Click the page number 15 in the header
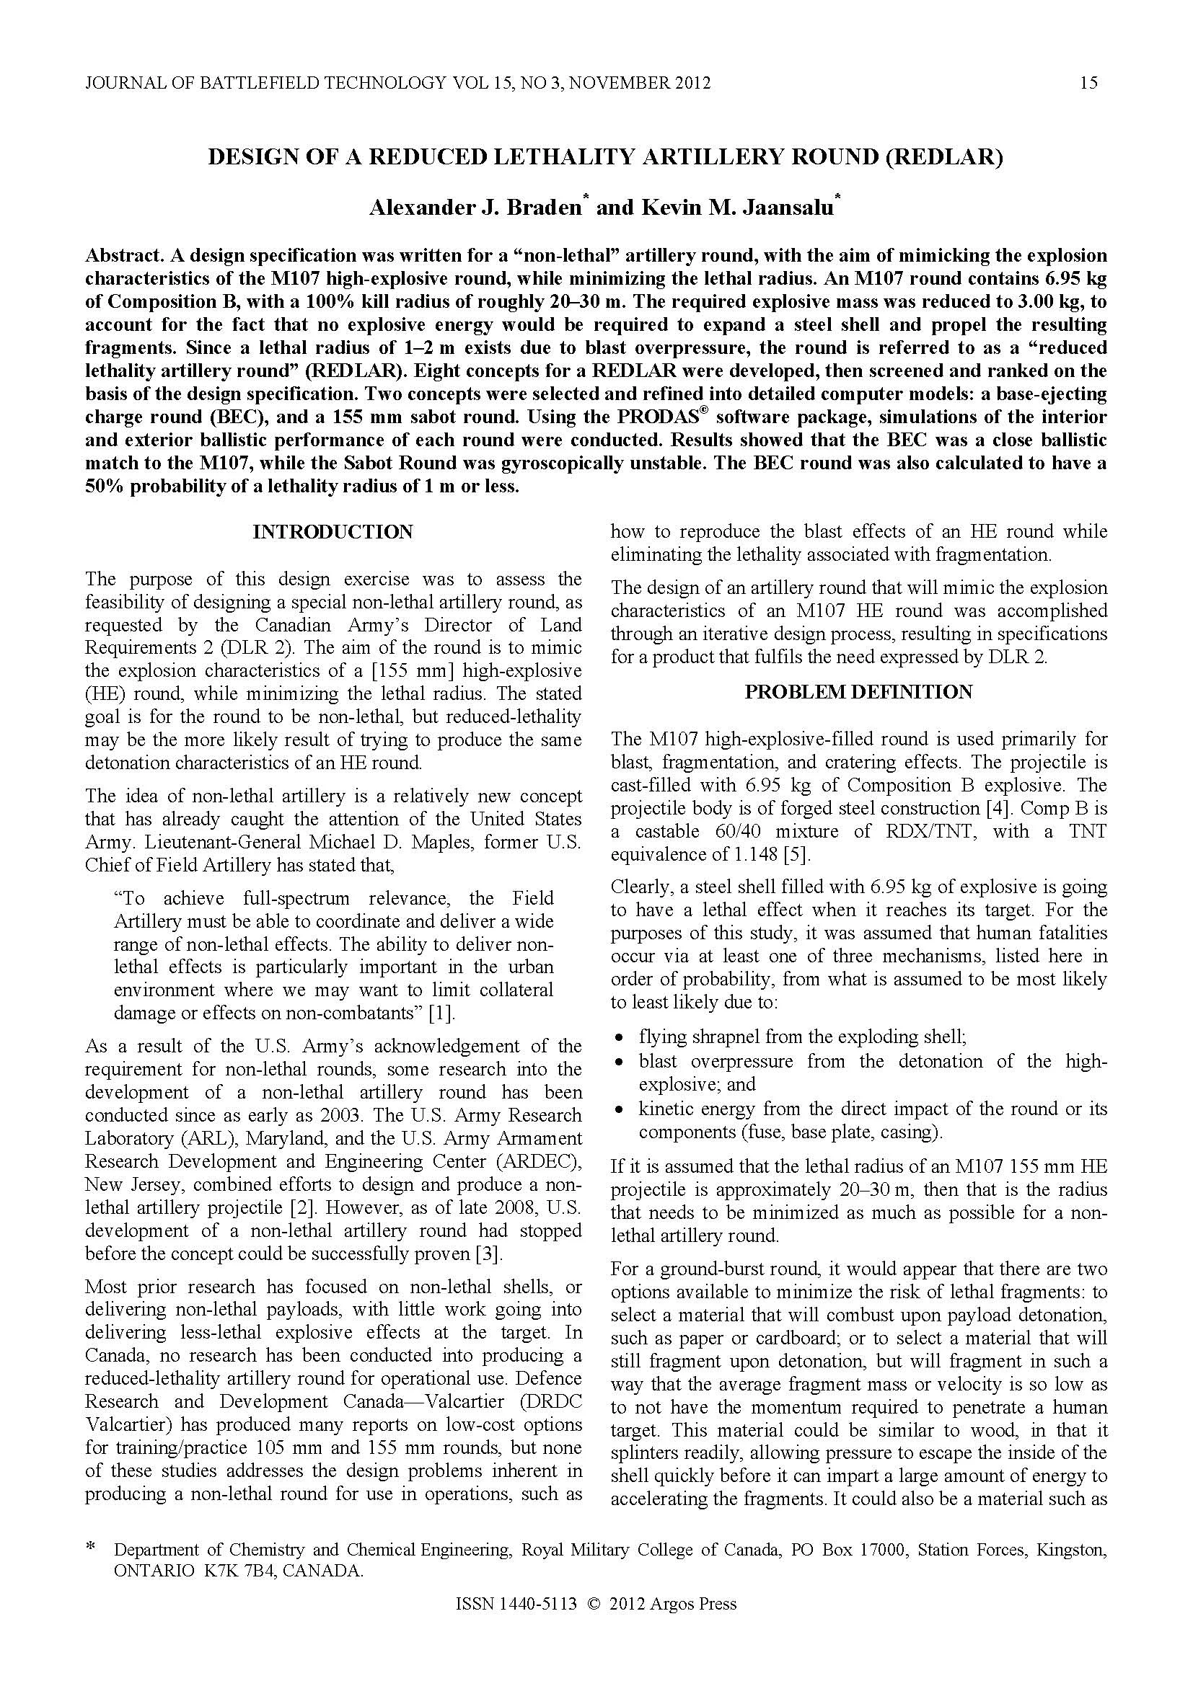1088,83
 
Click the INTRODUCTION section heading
333,532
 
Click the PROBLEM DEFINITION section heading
859,692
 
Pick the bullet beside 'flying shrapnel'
622,1038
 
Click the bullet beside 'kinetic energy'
622,1109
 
